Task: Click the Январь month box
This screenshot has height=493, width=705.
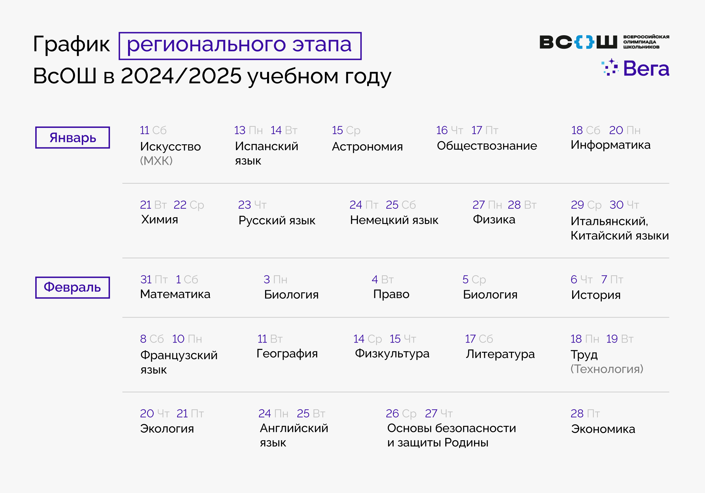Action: tap(72, 137)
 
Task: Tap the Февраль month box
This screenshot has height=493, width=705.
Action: tap(72, 287)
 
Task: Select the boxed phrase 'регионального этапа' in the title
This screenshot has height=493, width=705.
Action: tap(240, 46)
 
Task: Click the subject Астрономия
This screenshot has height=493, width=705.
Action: tap(367, 147)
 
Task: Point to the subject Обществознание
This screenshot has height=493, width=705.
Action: tap(487, 146)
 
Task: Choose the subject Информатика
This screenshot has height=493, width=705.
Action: tap(611, 145)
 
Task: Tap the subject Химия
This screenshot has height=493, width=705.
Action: tap(159, 220)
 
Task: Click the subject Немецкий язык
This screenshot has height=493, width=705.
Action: tap(394, 220)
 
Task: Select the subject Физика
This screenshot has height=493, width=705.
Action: tap(494, 220)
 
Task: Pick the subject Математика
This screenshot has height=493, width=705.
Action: tap(175, 294)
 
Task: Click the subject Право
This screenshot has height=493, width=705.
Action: tap(391, 294)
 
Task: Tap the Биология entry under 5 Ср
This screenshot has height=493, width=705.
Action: tap(490, 294)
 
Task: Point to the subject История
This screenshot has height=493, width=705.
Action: tap(596, 295)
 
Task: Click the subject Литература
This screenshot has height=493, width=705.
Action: tap(500, 354)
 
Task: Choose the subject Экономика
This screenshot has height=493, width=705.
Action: tap(603, 429)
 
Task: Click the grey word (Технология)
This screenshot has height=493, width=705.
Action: tap(607, 369)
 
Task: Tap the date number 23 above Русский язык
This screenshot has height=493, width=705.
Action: tap(244, 205)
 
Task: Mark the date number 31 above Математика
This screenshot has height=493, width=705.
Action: tap(146, 279)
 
